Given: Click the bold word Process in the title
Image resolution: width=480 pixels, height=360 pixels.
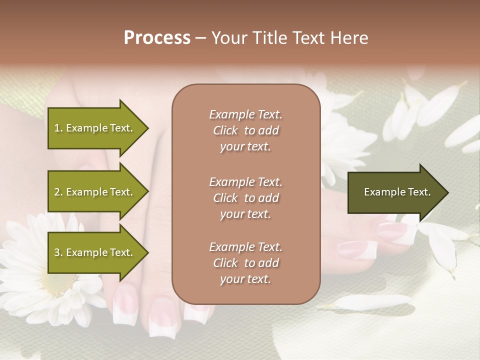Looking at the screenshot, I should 157,38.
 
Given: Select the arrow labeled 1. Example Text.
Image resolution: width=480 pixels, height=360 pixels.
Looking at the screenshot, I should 95,128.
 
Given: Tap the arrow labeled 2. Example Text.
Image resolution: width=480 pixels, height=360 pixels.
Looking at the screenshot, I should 95,192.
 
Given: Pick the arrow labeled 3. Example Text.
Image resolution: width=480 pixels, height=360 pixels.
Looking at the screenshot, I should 95,252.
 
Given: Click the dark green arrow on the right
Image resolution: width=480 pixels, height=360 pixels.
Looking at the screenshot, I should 395,192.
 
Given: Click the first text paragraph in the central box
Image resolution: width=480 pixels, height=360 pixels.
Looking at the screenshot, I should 245,130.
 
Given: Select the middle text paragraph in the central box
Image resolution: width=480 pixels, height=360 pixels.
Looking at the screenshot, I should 245,198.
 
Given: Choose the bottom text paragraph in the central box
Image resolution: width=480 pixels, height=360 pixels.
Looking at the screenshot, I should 245,263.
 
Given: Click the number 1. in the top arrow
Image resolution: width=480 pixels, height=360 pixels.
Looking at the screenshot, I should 58,128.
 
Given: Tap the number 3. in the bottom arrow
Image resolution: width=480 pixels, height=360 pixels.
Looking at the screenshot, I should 58,252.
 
